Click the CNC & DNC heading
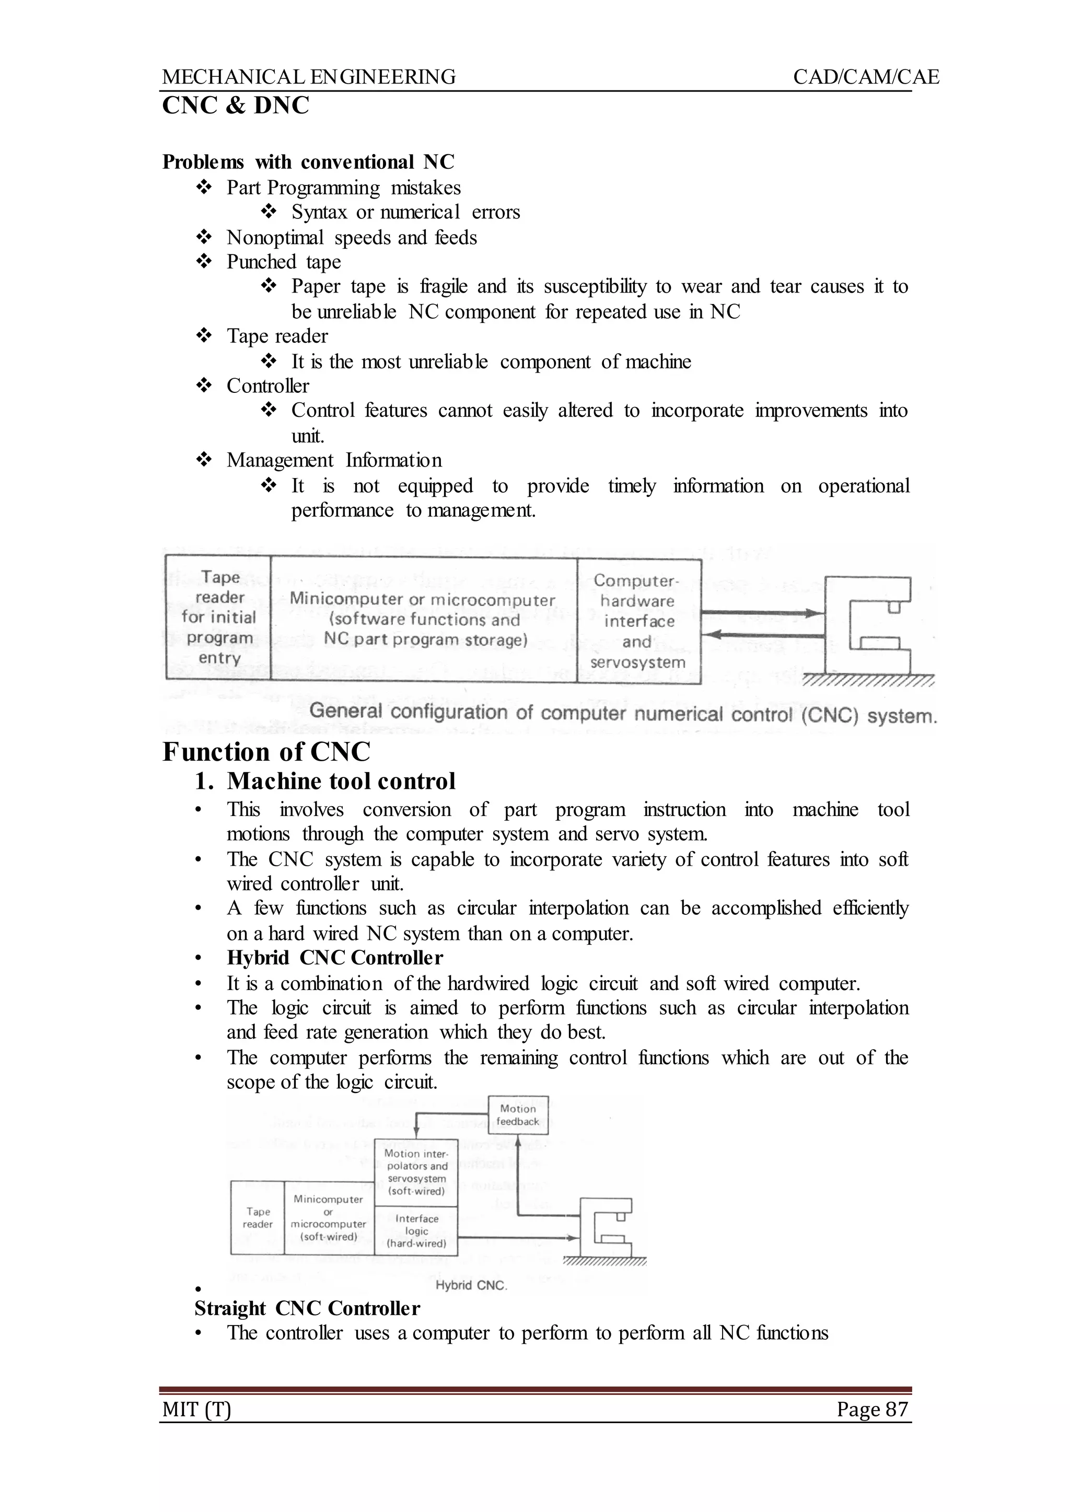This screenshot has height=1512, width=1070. coord(235,106)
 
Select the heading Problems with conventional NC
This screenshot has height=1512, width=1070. coord(308,162)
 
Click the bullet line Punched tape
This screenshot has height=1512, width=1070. coord(283,262)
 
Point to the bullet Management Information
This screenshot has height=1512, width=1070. coord(334,460)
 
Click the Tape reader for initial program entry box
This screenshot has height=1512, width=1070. coord(219,618)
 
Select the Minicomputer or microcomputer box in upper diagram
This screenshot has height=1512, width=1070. coord(424,619)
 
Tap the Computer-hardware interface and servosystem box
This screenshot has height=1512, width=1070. coord(638,621)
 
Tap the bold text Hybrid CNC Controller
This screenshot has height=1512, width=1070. coord(335,957)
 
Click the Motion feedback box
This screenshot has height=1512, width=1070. coord(518,1115)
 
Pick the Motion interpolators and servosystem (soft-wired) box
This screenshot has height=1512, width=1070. coord(416,1172)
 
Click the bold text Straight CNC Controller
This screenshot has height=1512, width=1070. coord(307,1308)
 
